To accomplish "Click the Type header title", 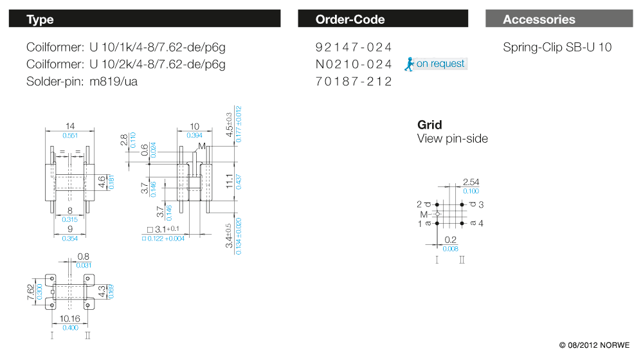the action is (40, 19).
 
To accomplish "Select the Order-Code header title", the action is (350, 19).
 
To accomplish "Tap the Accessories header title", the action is (539, 19).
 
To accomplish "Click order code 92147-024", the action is (354, 47).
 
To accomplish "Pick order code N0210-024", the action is (354, 64).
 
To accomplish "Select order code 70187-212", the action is (354, 82).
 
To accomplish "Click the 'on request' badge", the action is (435, 64).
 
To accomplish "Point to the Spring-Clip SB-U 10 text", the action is (557, 47).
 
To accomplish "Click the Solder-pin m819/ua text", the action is (82, 82).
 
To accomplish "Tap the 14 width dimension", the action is (70, 126).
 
